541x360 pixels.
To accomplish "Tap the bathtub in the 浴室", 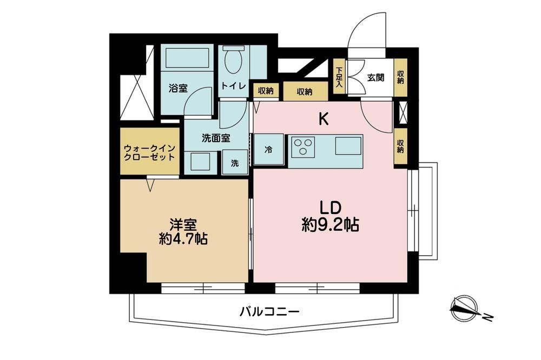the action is coord(187,58).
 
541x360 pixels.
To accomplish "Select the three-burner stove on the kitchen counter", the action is coord(304,147).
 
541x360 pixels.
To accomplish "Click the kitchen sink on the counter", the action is coord(348,145).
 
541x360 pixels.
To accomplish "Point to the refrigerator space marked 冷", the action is coord(269,149).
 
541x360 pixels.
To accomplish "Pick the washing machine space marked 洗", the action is coord(235,162).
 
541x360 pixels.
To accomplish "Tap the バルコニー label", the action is coord(269,312).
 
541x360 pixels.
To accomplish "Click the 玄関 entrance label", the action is coord(375,78).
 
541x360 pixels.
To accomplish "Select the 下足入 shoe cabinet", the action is coord(340,77).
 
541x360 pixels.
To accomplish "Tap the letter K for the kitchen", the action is coord(323,119).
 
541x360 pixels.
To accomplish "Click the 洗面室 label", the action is coord(216,138).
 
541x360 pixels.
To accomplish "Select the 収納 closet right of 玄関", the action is coord(400,77).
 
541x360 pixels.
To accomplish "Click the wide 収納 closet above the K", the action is coord(305,91).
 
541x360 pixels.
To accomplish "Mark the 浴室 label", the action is coord(178,88).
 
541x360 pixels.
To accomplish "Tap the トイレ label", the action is coord(233,85).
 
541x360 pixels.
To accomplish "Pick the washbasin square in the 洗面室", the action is coord(201,162).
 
